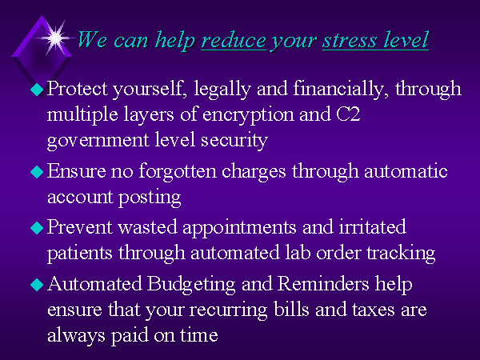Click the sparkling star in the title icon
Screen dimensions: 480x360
tap(55, 38)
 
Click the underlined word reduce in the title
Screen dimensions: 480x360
tap(234, 41)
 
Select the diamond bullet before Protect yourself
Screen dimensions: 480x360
tap(37, 90)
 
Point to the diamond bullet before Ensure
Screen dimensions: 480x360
tap(37, 172)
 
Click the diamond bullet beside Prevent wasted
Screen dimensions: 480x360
tap(37, 228)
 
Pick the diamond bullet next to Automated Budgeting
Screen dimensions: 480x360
tap(37, 284)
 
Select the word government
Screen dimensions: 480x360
tap(98, 141)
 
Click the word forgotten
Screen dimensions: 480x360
tap(178, 172)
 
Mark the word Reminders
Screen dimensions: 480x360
tap(323, 283)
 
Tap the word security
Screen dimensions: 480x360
tap(234, 141)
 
